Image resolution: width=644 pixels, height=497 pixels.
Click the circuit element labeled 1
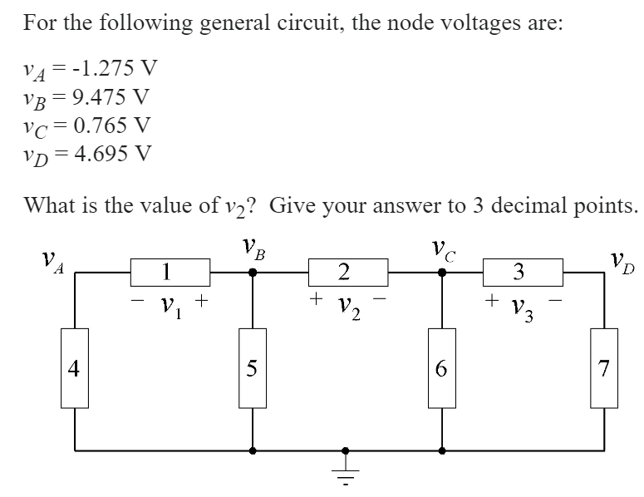point(168,270)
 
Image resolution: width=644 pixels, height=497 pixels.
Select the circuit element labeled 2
point(347,270)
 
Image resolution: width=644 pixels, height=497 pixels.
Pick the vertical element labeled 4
point(76,368)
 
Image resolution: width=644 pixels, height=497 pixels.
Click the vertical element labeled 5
point(254,368)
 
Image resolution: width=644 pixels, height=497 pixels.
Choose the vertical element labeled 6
point(441,368)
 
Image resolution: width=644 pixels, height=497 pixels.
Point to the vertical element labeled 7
point(604,368)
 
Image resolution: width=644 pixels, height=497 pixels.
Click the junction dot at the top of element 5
point(253,271)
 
